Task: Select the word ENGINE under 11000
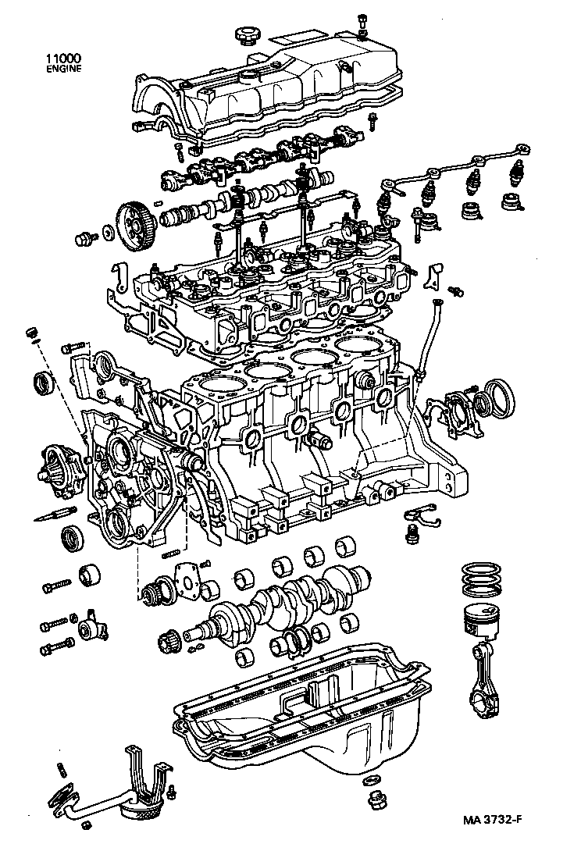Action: point(63,68)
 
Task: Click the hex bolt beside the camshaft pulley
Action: point(83,237)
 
